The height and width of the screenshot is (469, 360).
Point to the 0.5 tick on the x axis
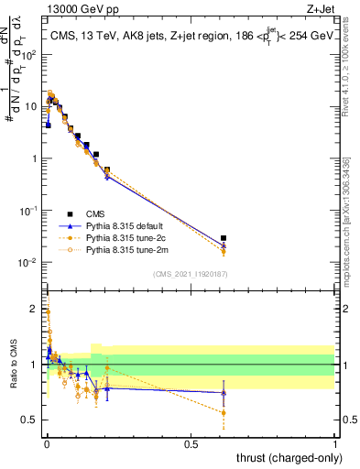[191, 443]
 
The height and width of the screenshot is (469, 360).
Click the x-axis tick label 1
[335, 443]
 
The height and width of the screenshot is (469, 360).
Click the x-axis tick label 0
[46, 443]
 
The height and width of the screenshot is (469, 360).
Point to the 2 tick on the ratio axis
[33, 309]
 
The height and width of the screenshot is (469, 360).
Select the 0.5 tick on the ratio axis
[29, 420]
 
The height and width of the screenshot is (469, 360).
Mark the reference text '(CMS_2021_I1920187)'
[190, 274]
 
